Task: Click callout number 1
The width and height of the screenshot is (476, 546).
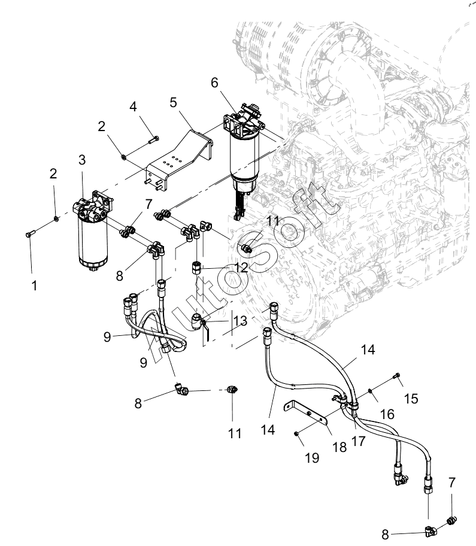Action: pos(34,286)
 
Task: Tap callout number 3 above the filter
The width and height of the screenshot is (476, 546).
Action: pos(82,160)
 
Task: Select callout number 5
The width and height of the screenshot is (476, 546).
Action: pos(173,102)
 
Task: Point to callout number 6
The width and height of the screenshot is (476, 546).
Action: pos(214,83)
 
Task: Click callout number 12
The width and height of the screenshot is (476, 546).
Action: pos(241,268)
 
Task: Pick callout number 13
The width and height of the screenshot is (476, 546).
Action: pos(240,321)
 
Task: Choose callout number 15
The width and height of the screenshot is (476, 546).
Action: pos(411,399)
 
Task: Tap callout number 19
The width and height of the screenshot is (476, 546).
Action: pos(312,458)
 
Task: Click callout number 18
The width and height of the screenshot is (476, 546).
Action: pos(339,447)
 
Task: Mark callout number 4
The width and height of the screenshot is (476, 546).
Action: pos(133,107)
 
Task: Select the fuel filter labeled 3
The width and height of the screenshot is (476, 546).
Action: pos(93,230)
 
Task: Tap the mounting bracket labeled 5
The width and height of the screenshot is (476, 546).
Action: pos(180,161)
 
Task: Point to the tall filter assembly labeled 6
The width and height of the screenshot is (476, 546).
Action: pos(244,160)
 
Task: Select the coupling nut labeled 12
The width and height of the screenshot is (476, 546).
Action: pos(196,269)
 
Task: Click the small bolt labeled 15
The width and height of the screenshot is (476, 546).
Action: pos(397,375)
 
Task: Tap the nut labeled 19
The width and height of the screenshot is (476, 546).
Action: pos(296,433)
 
